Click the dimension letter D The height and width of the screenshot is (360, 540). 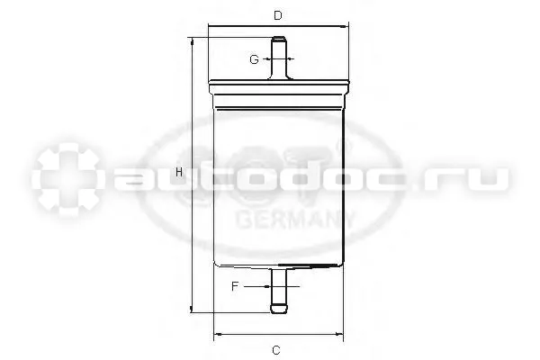tap(278, 15)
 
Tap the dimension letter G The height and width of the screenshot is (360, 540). tap(254, 59)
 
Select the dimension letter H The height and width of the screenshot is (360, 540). tap(179, 172)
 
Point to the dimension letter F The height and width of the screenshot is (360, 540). tap(235, 286)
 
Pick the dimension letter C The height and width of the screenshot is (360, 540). tap(276, 350)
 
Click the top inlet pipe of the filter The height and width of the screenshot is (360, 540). tap(279, 58)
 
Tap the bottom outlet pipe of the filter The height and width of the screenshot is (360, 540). tap(279, 291)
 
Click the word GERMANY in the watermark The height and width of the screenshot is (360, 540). tap(295, 220)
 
